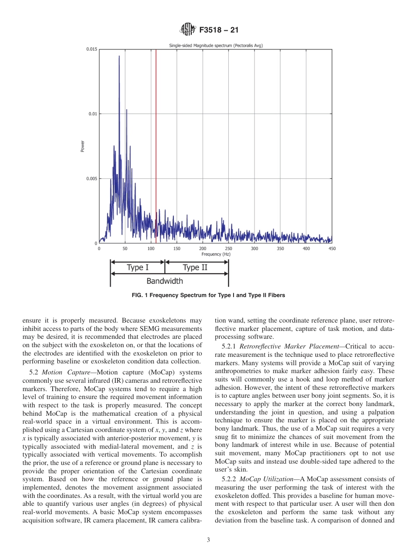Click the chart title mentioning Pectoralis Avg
click(x=216, y=45)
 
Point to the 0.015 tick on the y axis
click(x=92, y=50)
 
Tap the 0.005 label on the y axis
click(x=92, y=179)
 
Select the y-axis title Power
click(x=83, y=146)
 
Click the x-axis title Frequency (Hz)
click(x=216, y=254)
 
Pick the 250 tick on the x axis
click(x=228, y=249)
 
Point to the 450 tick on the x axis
click(x=332, y=249)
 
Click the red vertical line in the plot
click(x=156, y=145)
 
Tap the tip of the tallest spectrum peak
click(x=119, y=56)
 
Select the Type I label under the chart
click(x=137, y=268)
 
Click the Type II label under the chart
click(x=195, y=268)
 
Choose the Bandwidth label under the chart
click(x=165, y=281)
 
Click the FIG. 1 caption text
click(x=208, y=295)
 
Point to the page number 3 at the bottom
click(x=208, y=540)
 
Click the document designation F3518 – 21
click(x=219, y=30)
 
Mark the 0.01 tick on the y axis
click(x=93, y=114)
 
